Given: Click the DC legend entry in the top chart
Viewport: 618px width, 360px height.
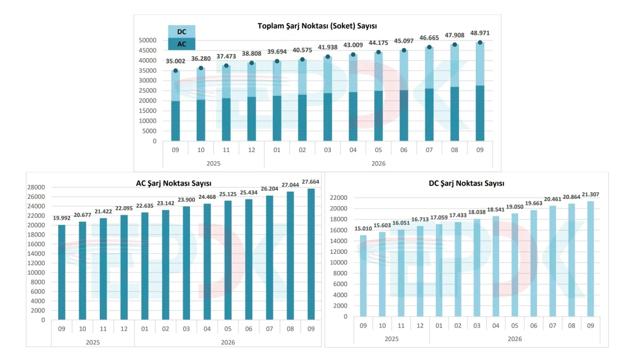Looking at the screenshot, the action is (x=181, y=31).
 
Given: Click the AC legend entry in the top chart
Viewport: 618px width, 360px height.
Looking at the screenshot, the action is (x=181, y=44).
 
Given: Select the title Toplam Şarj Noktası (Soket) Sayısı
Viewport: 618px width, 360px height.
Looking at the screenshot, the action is (x=317, y=26).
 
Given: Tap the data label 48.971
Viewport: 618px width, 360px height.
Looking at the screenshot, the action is (x=480, y=33).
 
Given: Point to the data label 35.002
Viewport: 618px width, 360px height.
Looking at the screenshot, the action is (x=175, y=61).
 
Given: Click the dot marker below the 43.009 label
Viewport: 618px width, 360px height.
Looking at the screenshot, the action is (x=353, y=55).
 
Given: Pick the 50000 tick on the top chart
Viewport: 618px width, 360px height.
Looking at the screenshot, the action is (x=148, y=40).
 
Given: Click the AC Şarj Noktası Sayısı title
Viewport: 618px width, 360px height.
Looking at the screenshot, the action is (x=174, y=183).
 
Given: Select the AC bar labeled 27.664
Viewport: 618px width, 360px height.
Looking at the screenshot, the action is (x=311, y=254).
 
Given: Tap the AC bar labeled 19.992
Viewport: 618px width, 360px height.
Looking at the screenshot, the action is (x=61, y=272).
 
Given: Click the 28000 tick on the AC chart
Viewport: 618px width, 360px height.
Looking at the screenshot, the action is (x=36, y=187).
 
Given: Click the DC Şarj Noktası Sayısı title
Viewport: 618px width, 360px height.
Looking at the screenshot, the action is (x=467, y=183).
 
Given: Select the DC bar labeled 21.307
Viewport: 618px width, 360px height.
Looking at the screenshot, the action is (x=590, y=259).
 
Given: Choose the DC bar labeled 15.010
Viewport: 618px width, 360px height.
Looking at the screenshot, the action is (x=364, y=276).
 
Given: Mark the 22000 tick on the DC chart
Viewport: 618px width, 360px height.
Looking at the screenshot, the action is (x=338, y=198).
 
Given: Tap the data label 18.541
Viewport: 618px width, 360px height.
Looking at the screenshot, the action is (x=495, y=210).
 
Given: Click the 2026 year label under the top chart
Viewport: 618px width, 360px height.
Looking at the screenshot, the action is (x=378, y=164).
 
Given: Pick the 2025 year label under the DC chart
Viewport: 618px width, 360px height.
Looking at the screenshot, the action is (x=391, y=339).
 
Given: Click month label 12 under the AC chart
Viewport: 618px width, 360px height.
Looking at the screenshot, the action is (x=124, y=329).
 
